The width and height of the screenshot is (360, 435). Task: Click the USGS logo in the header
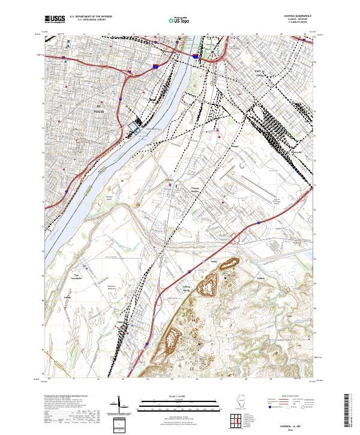click(x=54, y=20)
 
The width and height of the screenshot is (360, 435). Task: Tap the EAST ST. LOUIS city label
click(x=259, y=74)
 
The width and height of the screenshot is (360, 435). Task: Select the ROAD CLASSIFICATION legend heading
click(x=289, y=398)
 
